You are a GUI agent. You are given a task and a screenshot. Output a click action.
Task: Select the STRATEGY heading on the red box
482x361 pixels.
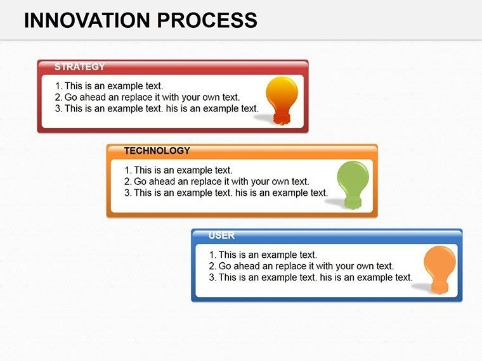pos(79,66)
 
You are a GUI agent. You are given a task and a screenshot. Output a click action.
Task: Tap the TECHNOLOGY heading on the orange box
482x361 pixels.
pos(157,151)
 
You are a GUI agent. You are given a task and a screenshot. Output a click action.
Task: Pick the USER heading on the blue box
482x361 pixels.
pos(221,236)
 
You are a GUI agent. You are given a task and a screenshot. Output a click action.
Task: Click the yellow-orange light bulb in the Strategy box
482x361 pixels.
pos(281,96)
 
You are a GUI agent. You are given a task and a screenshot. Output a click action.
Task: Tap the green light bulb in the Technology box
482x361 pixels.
pos(351,181)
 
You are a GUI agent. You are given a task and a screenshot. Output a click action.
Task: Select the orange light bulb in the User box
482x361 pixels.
pos(439,266)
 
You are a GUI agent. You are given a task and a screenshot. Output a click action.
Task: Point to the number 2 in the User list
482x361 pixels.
pos(212,266)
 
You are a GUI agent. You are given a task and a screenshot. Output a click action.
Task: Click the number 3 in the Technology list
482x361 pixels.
pos(127,193)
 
